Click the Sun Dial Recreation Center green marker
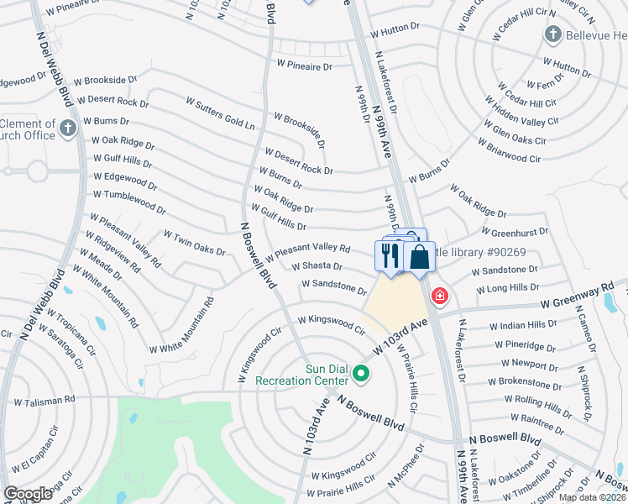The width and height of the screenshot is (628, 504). pyautogui.click(x=362, y=374)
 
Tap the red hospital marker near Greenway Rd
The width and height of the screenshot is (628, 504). pyautogui.click(x=438, y=296)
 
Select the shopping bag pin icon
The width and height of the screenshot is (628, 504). pyautogui.click(x=420, y=257)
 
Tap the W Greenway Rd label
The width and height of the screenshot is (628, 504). pyautogui.click(x=578, y=296)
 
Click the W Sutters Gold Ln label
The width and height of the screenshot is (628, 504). pyautogui.click(x=220, y=113)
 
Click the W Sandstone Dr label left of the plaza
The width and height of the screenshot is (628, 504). pyautogui.click(x=333, y=287)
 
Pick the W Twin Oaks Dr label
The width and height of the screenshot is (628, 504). pyautogui.click(x=194, y=244)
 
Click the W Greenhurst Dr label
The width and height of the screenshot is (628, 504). pyautogui.click(x=515, y=231)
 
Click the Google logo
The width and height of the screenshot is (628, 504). pyautogui.click(x=28, y=493)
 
